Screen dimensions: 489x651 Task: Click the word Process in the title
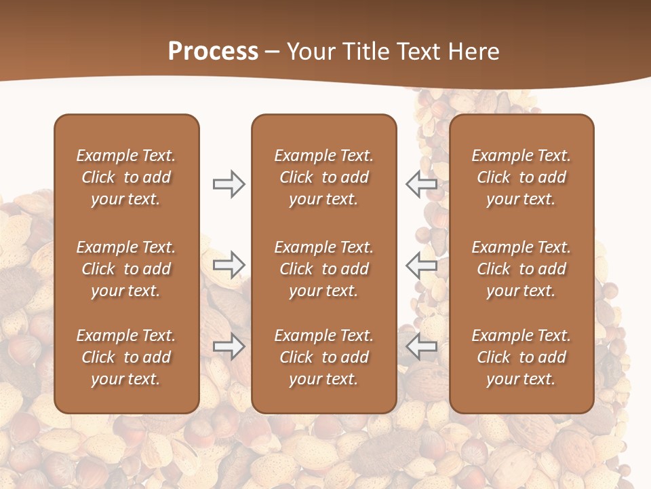[213, 52]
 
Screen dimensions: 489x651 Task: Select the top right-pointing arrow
[229, 183]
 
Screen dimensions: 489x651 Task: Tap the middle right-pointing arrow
[229, 265]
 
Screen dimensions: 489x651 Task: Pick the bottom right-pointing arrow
[229, 346]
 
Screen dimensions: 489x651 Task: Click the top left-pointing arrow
[421, 183]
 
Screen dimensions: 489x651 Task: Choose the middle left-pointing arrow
[421, 265]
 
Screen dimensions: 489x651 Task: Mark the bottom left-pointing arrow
[421, 346]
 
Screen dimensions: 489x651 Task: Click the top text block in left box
[126, 177]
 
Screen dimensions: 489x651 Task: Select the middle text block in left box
[126, 269]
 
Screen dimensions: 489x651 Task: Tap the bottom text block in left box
[126, 357]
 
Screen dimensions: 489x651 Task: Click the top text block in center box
[323, 177]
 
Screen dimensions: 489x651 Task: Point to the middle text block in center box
[323, 269]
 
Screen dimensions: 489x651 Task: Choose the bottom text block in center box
[323, 357]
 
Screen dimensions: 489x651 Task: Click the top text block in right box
[521, 177]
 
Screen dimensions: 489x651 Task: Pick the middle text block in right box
[521, 269]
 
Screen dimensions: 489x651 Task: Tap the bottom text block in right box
[521, 357]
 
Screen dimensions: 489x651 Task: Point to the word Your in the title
[310, 52]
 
